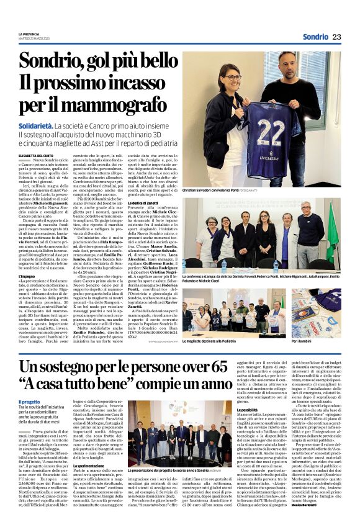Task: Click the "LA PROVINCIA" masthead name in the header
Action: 28,33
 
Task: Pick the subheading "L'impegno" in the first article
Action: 26,276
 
